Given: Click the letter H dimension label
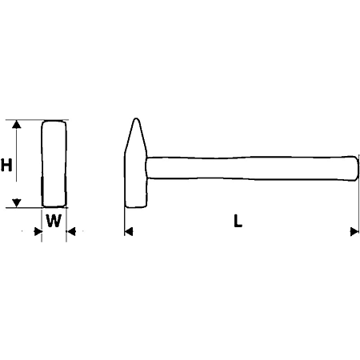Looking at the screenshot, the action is click(x=6, y=165).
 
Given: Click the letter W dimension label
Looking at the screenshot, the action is click(x=54, y=221).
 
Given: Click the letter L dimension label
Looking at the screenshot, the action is click(x=238, y=221).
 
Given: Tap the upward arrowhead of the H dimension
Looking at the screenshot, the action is click(x=17, y=125).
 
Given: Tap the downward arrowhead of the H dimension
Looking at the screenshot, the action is click(x=17, y=203).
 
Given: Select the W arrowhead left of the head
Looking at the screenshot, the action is click(x=38, y=231).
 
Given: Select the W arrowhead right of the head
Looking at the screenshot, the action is click(x=71, y=231).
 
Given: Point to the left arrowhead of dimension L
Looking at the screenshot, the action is click(x=129, y=231).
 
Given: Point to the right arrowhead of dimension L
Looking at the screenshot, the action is click(x=354, y=231).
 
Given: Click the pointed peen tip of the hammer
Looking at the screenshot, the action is click(x=136, y=119).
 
